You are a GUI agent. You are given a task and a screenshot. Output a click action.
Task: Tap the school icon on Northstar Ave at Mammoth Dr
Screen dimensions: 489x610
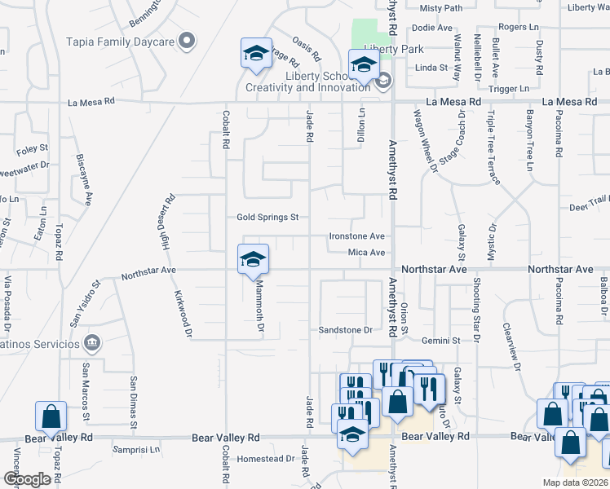[254, 260]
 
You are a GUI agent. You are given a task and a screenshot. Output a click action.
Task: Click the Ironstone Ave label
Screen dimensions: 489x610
[356, 236]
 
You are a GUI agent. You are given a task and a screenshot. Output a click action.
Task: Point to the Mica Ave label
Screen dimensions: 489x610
[366, 253]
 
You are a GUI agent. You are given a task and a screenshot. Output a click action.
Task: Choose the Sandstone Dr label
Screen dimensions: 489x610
[345, 330]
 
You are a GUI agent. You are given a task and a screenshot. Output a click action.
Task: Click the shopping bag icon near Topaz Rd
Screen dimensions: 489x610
[51, 416]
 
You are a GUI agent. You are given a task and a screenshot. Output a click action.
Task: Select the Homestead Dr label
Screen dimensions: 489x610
[266, 459]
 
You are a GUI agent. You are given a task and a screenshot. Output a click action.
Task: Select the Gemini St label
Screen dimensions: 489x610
[440, 339]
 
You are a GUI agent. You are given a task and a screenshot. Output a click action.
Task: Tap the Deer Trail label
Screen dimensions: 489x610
[589, 207]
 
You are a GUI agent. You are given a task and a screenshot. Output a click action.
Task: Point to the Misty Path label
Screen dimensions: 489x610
[440, 8]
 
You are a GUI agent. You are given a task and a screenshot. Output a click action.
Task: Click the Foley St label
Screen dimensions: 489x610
[33, 151]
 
